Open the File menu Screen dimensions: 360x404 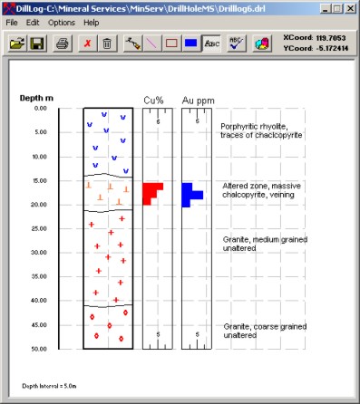[12, 21]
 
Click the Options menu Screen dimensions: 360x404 [62, 21]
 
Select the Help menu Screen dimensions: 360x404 [92, 21]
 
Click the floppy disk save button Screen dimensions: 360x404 [38, 43]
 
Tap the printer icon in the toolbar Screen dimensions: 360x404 [63, 43]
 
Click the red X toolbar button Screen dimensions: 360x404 [87, 43]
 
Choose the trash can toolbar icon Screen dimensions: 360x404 [107, 43]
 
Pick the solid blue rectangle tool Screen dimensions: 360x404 [191, 43]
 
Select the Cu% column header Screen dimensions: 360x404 [153, 98]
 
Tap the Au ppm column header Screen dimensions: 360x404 [193, 98]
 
